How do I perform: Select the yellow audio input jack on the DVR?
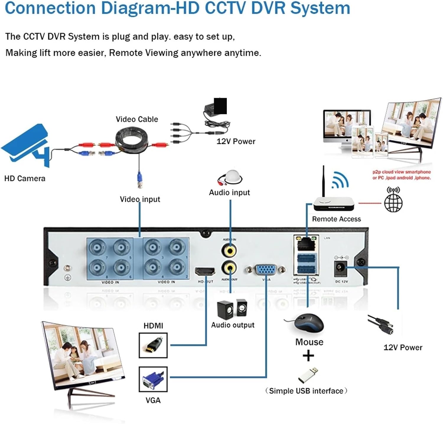coord(229,251)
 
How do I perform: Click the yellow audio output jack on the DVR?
coord(229,268)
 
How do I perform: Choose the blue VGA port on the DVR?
coord(266,270)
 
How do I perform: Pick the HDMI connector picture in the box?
coord(153,345)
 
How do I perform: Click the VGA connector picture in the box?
coord(153,379)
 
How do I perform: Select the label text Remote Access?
coord(336,219)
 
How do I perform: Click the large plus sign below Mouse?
coord(308,355)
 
